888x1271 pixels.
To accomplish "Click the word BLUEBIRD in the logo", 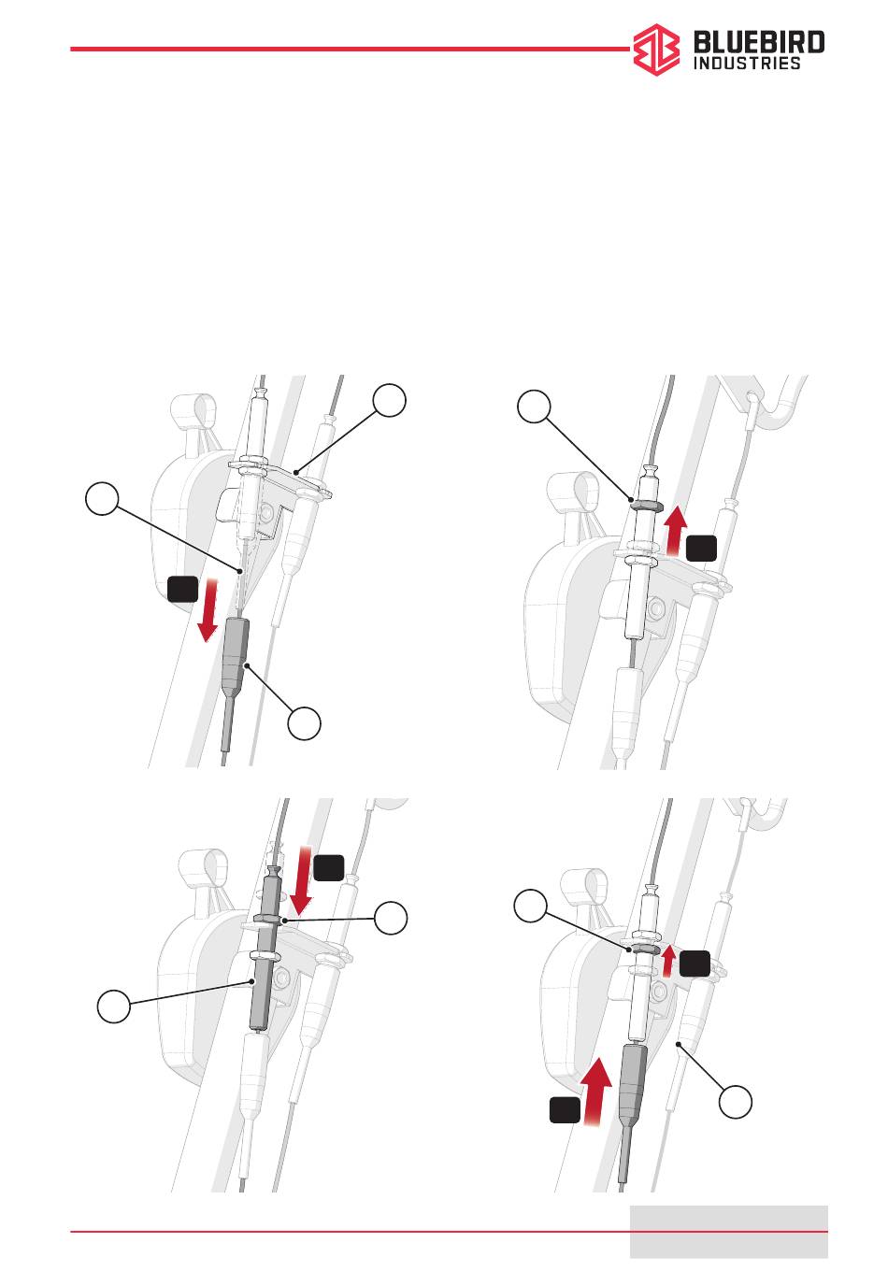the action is coord(759,42).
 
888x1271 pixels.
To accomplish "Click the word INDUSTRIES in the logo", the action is coord(746,63).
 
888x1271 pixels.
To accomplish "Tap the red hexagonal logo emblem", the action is coord(656,50).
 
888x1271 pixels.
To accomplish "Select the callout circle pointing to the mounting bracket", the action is coord(389,400).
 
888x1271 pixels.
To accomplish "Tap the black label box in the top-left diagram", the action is coord(182,589).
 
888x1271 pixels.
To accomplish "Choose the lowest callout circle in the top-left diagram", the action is coord(304,723).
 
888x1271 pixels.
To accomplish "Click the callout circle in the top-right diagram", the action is coord(534,406).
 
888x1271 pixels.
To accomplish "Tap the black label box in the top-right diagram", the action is coord(701,548).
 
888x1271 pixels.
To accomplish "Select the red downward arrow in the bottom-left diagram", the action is coord(301,881).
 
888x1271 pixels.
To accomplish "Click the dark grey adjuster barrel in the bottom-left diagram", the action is coord(265,950).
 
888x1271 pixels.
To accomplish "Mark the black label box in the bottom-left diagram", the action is coord(328,867).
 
